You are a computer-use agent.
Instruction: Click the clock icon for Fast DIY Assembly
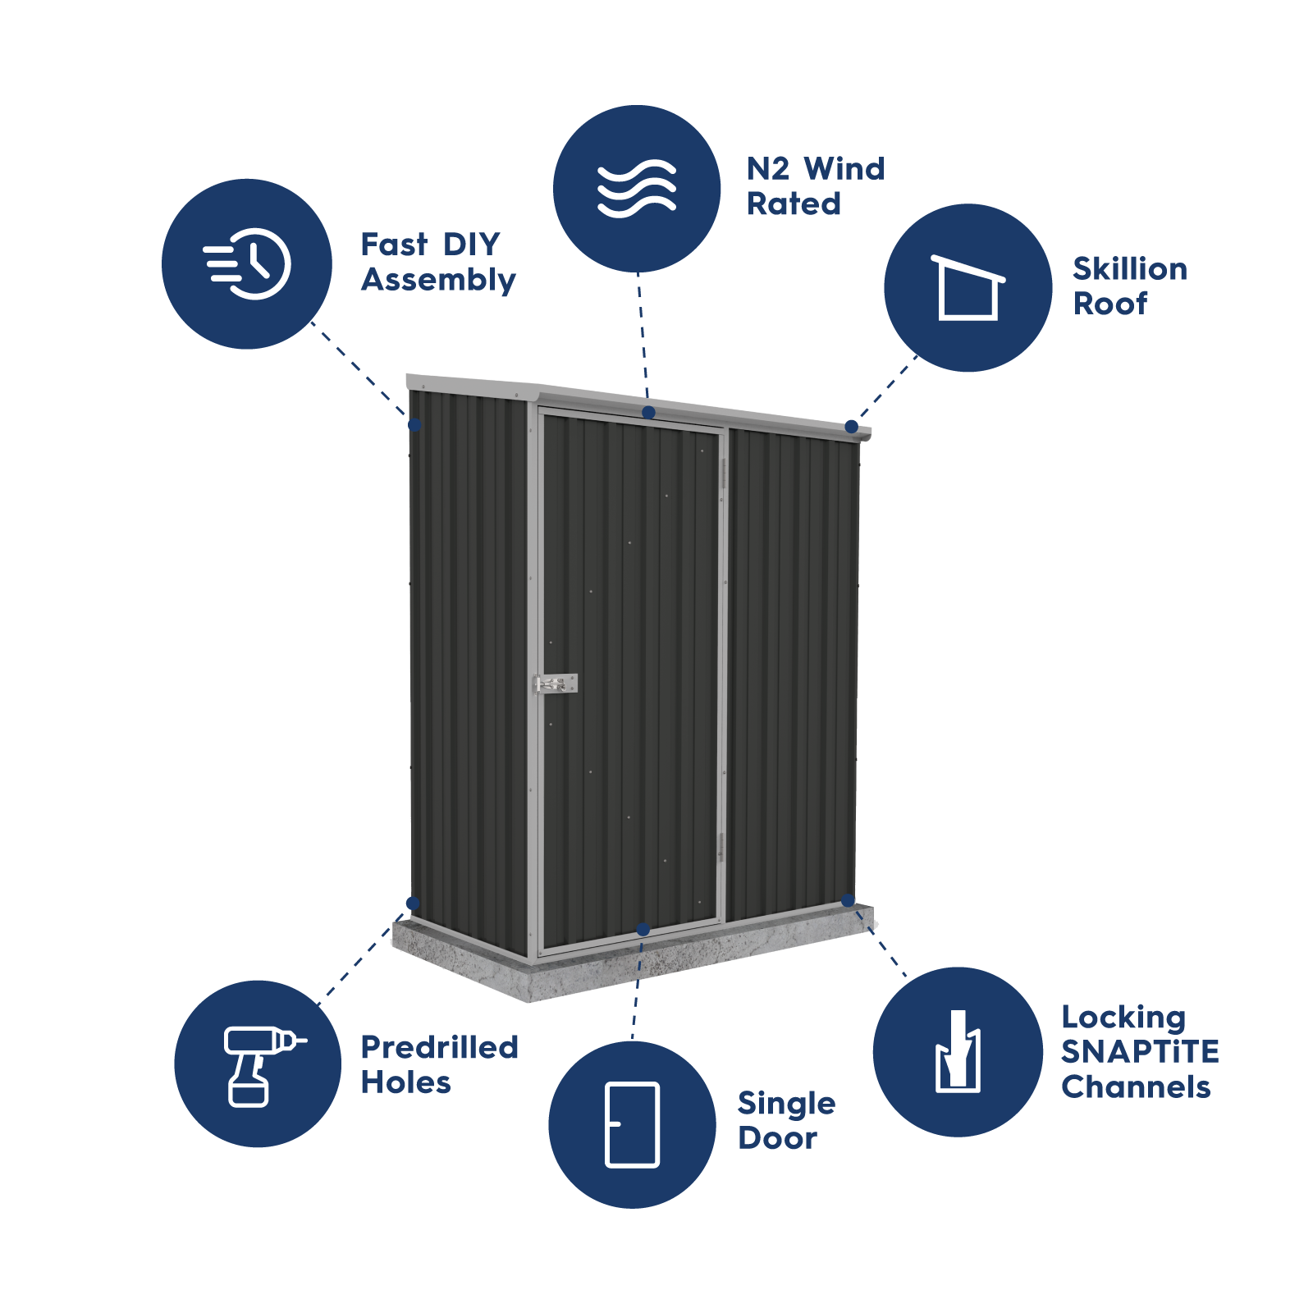pyautogui.click(x=249, y=264)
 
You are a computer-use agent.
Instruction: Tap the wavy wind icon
pyautogui.click(x=637, y=189)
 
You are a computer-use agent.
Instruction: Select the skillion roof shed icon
pyautogui.click(x=968, y=288)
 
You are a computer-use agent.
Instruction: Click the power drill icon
pyautogui.click(x=259, y=1065)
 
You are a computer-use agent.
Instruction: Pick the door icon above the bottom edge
pyautogui.click(x=632, y=1124)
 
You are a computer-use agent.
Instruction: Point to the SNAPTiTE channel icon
pyautogui.click(x=958, y=1052)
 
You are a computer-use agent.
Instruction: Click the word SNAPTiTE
pyautogui.click(x=1140, y=1052)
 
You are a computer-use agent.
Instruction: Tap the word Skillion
pyautogui.click(x=1130, y=269)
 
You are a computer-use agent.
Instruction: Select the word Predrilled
pyautogui.click(x=440, y=1047)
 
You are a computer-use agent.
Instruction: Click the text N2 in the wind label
pyautogui.click(x=768, y=169)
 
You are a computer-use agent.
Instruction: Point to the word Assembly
pyautogui.click(x=438, y=281)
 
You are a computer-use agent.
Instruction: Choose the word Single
pyautogui.click(x=786, y=1105)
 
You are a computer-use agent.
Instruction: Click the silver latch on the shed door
pyautogui.click(x=556, y=683)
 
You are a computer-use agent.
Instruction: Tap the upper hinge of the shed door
pyautogui.click(x=723, y=474)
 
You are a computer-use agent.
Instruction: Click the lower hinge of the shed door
pyautogui.click(x=721, y=847)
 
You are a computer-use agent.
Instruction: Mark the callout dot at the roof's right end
pyautogui.click(x=851, y=427)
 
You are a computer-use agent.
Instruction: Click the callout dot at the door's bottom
pyautogui.click(x=643, y=929)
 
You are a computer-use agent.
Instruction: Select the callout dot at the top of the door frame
pyautogui.click(x=648, y=412)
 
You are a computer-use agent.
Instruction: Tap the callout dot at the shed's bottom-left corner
pyautogui.click(x=413, y=904)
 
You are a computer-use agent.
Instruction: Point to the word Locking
pyautogui.click(x=1123, y=1018)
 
